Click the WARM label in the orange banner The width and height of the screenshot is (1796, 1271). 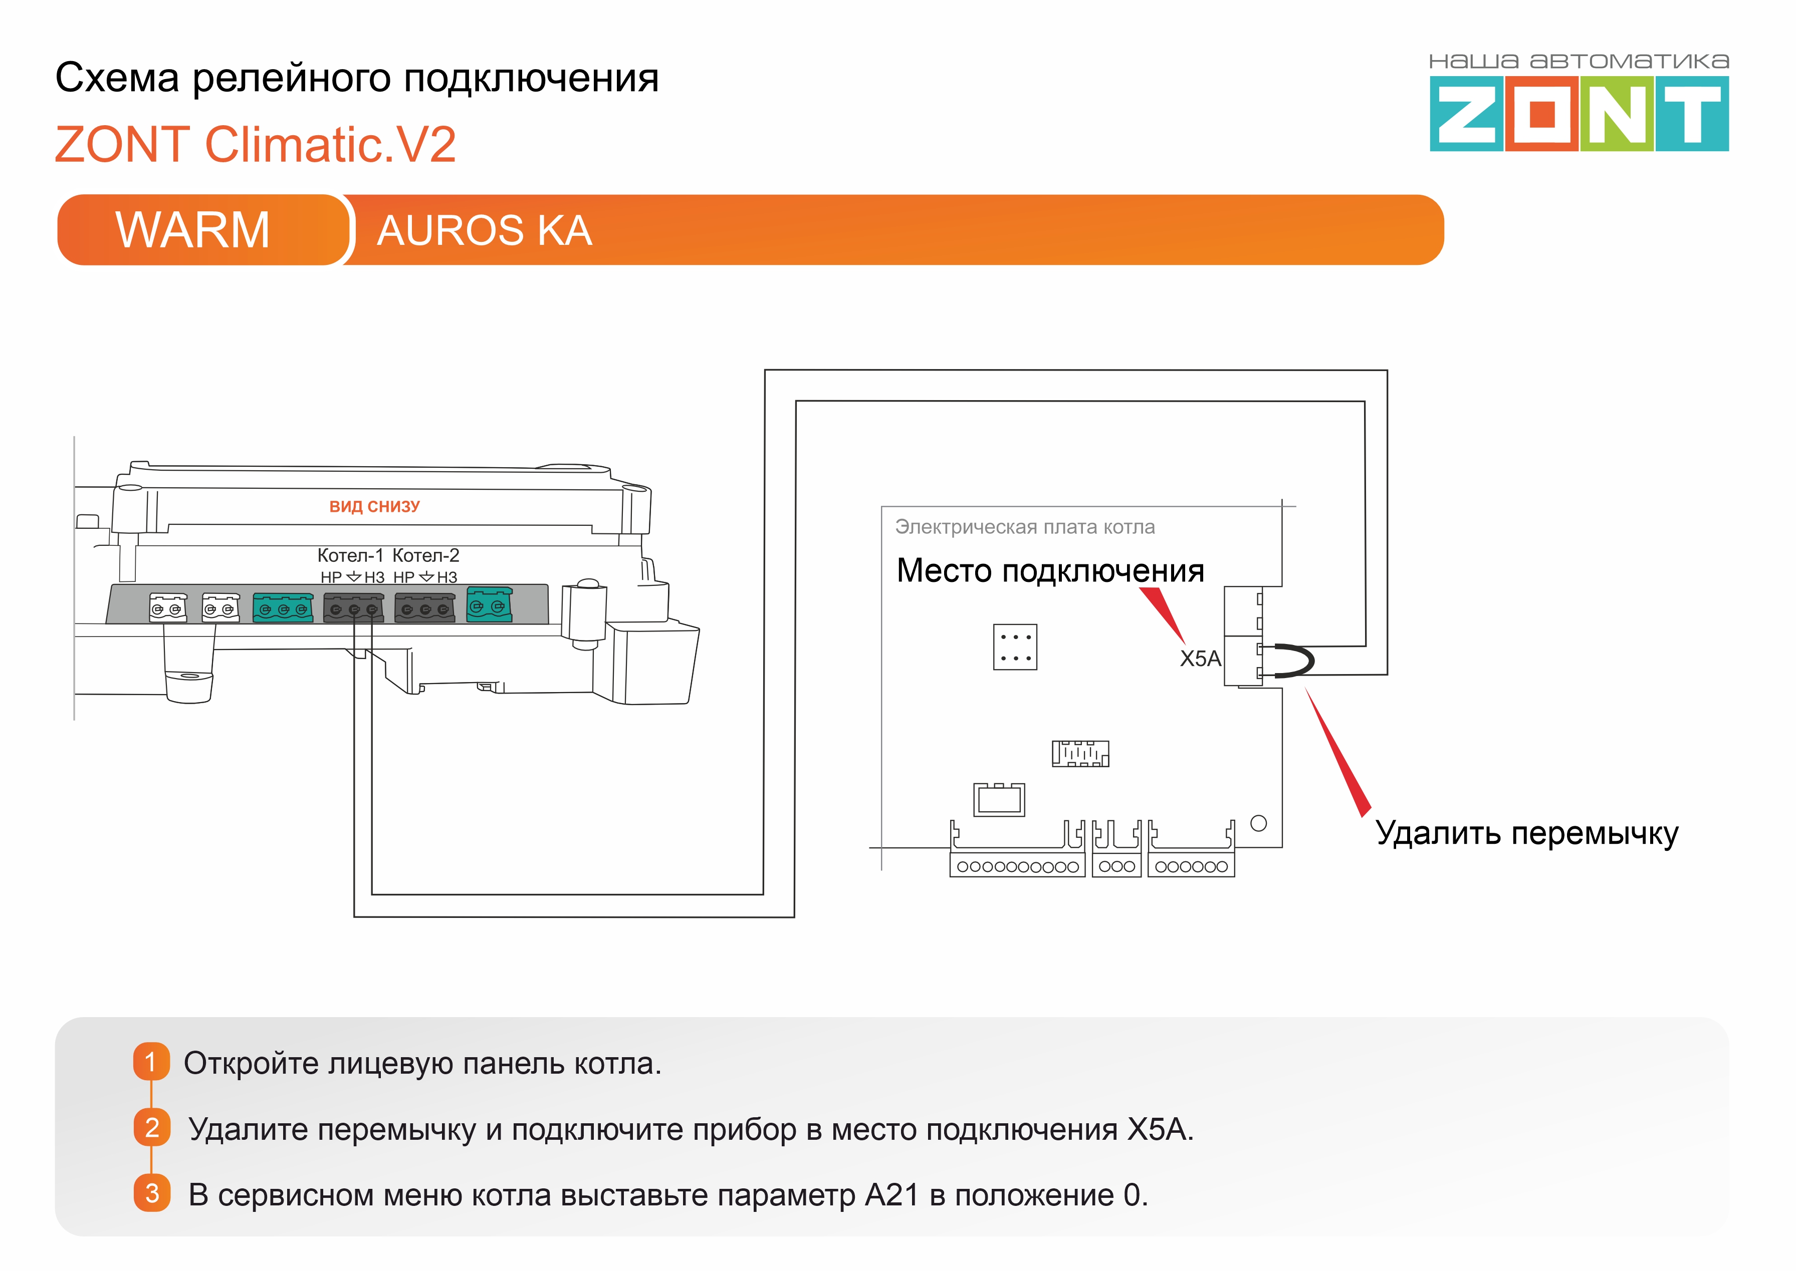(x=192, y=230)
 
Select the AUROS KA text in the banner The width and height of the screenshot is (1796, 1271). (x=484, y=231)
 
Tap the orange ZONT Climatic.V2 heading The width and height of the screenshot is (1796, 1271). (x=255, y=145)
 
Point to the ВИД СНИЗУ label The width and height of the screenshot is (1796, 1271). (x=374, y=506)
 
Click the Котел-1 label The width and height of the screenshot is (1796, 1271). (x=350, y=556)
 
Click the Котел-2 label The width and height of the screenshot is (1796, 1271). (x=426, y=556)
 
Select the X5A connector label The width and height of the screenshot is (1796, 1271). (x=1199, y=659)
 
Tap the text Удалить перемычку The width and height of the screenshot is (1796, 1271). (x=1527, y=833)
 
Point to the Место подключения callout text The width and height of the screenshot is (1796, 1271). (x=1050, y=570)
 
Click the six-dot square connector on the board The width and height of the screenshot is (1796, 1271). (x=1015, y=647)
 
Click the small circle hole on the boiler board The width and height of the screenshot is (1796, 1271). (x=1258, y=823)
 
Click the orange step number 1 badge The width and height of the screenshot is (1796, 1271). (x=151, y=1062)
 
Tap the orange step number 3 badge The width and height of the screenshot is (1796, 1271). (x=152, y=1193)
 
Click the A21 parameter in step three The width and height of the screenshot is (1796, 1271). (x=892, y=1195)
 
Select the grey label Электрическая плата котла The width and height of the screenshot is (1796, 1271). (x=1025, y=527)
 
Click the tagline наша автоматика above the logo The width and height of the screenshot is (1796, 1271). (x=1579, y=61)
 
